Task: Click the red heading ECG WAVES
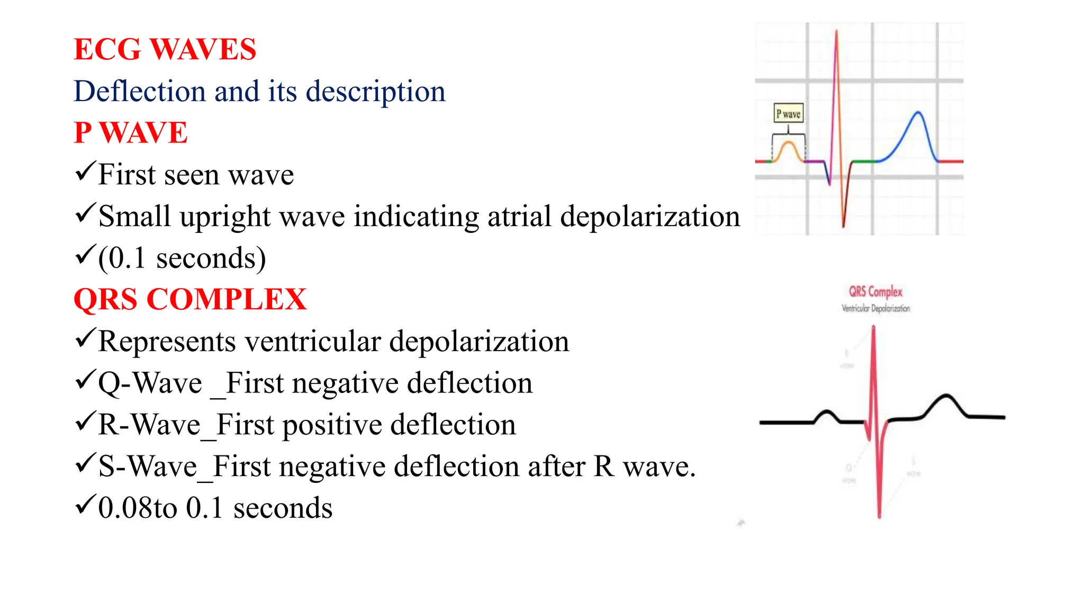point(165,49)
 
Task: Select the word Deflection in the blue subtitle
point(139,91)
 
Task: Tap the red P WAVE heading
point(130,132)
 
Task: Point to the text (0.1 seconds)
point(182,258)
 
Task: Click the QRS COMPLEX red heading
point(190,299)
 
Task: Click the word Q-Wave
point(150,383)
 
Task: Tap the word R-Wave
point(149,425)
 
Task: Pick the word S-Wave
point(148,467)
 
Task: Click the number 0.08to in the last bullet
point(138,508)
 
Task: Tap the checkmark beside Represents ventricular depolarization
point(85,338)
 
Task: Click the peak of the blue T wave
point(918,113)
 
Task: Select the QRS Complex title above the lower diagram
point(875,292)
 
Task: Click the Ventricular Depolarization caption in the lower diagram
point(876,308)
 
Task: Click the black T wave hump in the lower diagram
point(946,397)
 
